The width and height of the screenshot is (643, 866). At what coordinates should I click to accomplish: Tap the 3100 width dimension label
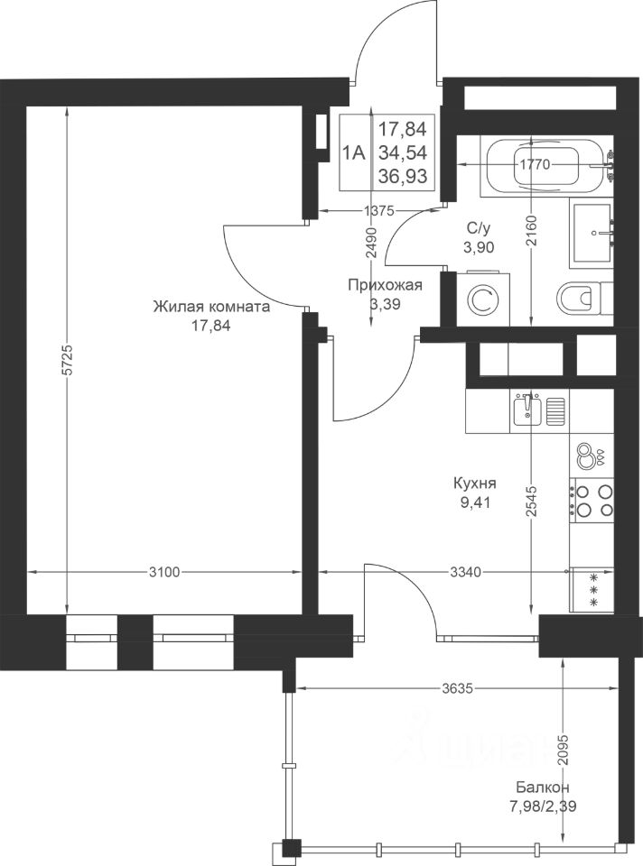[x=164, y=572]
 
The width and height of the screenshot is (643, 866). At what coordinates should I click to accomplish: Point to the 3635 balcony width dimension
[x=458, y=688]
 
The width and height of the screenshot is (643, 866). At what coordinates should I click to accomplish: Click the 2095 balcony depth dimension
[x=563, y=750]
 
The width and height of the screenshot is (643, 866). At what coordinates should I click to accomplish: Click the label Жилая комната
[x=211, y=307]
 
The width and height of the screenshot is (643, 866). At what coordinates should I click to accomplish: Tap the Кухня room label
[x=474, y=484]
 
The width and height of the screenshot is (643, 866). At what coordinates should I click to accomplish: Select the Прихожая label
[x=386, y=286]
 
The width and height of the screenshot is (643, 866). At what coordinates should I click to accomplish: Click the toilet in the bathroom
[x=583, y=299]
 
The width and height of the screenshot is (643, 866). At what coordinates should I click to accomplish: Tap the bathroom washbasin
[x=592, y=233]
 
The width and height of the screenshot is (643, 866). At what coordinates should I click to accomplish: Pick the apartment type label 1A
[x=354, y=152]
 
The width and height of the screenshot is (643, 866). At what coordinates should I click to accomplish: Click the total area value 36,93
[x=403, y=176]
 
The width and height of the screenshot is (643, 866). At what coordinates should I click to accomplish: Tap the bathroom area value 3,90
[x=479, y=248]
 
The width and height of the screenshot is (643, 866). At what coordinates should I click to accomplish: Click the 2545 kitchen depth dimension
[x=531, y=501]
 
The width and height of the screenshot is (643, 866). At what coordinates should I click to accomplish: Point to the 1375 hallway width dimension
[x=378, y=210]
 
